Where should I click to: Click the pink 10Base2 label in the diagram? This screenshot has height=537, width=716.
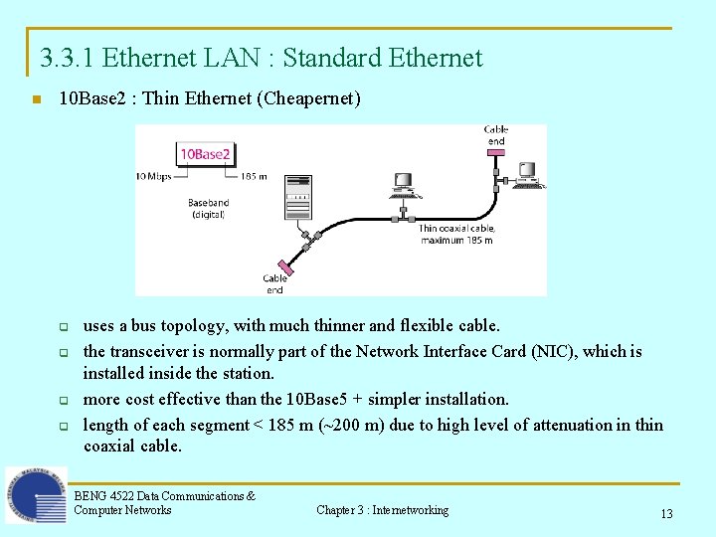pos(204,154)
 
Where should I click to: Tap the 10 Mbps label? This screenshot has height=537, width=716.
pos(154,177)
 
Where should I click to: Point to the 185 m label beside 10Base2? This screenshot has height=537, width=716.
pos(254,177)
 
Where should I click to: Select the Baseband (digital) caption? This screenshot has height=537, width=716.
pos(208,209)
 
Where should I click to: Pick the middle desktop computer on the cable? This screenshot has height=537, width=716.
pos(404,185)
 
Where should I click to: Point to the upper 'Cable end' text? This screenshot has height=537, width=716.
pos(495,135)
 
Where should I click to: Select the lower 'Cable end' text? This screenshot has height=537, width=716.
pos(274,284)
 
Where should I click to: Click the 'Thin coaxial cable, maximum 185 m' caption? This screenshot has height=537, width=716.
pos(456,234)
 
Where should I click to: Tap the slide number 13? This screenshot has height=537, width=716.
pos(666,514)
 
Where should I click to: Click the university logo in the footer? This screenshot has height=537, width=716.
pos(36,495)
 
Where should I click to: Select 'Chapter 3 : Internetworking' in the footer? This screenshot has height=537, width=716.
pos(382,510)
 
